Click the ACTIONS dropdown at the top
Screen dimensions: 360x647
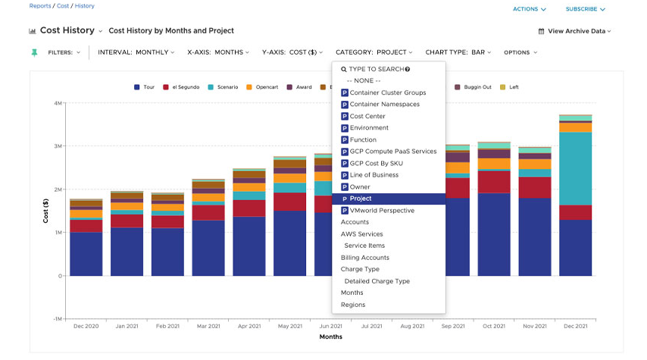pos(529,9)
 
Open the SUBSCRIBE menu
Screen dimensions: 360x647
pos(586,9)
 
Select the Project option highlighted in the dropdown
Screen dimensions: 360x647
pos(388,199)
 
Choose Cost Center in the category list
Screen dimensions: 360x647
pos(367,116)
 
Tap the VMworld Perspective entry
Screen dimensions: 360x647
pos(382,211)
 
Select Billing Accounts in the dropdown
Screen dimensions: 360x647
pos(364,258)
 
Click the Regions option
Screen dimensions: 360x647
pos(353,305)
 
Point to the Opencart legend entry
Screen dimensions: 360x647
pos(262,87)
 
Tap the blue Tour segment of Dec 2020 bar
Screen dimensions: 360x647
pos(86,254)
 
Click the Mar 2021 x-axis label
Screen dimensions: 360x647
pos(208,326)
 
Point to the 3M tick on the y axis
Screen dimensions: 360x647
pos(57,146)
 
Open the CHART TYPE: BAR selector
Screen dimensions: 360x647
pos(458,52)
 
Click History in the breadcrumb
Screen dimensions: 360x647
pos(85,6)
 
